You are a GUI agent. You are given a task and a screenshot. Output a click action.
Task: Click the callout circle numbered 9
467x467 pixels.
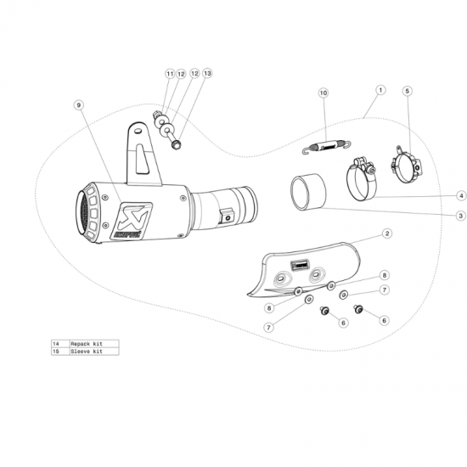point(78,104)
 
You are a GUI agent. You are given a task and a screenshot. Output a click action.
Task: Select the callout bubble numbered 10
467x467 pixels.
point(323,92)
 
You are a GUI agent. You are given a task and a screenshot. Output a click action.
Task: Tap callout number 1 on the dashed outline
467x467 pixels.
point(380,88)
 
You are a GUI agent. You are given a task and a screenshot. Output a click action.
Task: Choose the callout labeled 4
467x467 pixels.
point(437,195)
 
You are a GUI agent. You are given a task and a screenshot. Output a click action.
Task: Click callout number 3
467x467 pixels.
point(437,216)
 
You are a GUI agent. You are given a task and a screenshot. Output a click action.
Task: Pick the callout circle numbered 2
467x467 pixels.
point(386,232)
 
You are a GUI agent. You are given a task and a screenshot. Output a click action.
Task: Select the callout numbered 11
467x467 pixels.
point(169,74)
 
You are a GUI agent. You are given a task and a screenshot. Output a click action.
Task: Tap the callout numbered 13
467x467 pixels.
point(207,74)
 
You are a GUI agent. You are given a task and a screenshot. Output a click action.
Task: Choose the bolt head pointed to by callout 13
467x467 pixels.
point(175,144)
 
